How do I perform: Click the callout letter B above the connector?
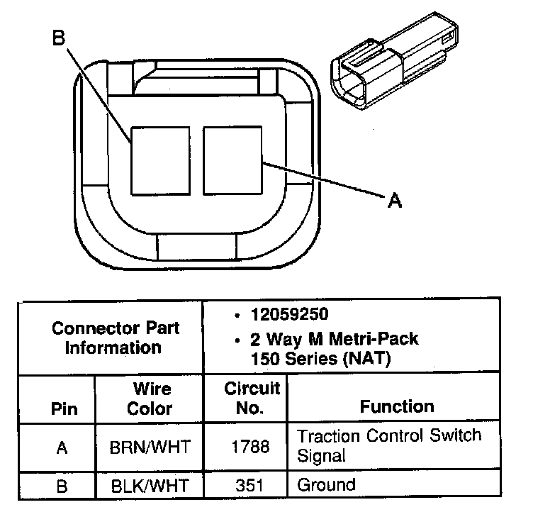coord(59,36)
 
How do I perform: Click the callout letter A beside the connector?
coord(395,201)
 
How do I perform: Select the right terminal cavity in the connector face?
coord(232,160)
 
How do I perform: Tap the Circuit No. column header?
coord(252,399)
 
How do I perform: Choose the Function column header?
coord(397,406)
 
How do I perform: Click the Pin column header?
coord(64,410)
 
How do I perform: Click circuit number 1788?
coord(252,447)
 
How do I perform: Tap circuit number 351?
coord(252,486)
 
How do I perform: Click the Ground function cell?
coord(326,485)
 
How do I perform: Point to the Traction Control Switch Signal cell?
coord(388,445)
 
